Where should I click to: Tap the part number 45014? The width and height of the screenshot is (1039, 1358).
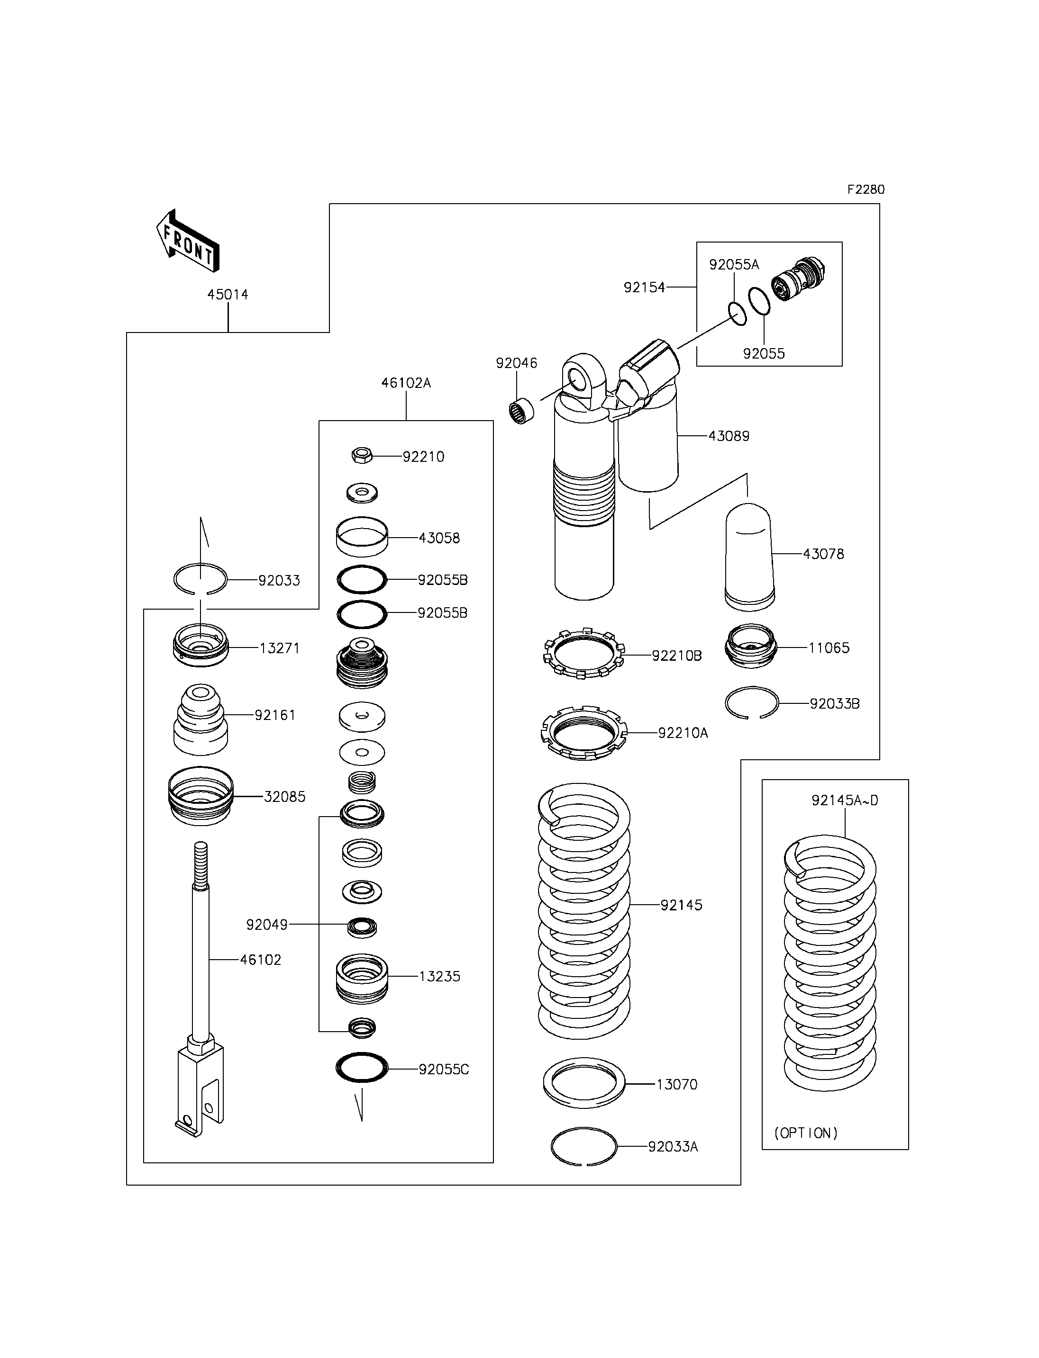pos(228,295)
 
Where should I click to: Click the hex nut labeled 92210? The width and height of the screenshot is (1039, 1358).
pos(362,456)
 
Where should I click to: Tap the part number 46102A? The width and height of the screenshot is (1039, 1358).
pos(406,383)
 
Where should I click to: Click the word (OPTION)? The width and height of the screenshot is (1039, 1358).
pos(806,1133)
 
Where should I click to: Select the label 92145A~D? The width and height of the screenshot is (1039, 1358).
pos(845,800)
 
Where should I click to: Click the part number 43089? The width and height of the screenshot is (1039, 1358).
pos(729,436)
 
